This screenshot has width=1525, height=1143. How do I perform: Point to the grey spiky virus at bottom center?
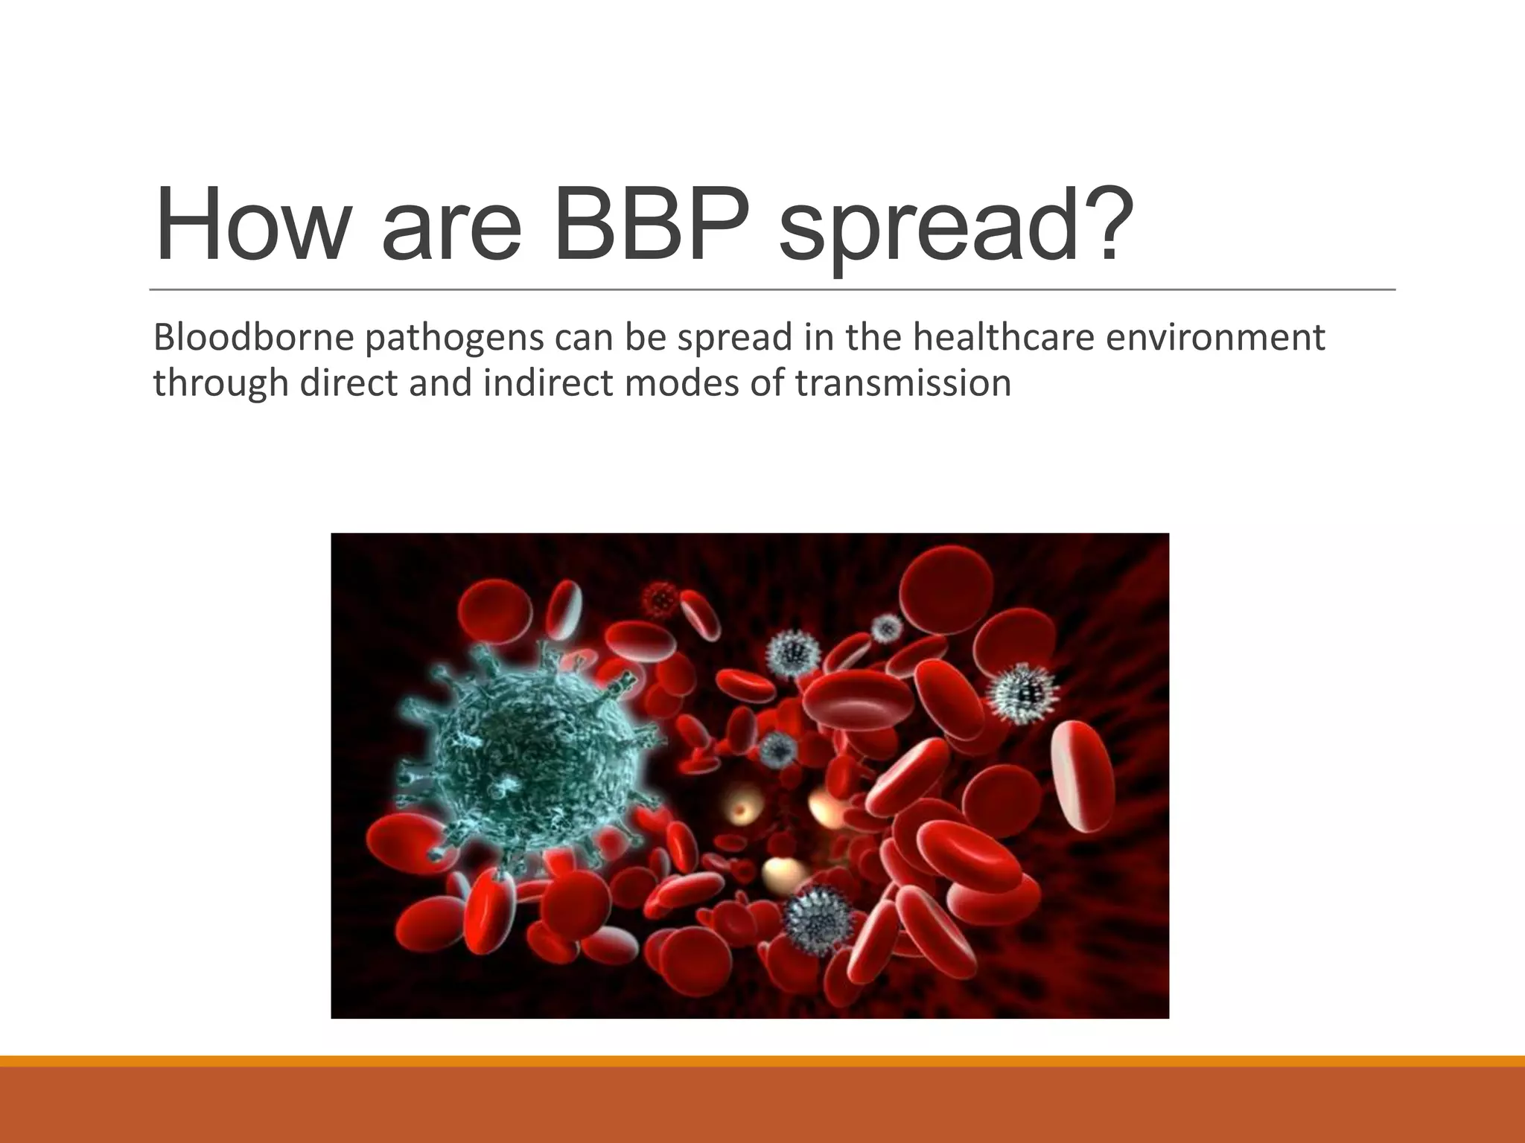819,919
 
